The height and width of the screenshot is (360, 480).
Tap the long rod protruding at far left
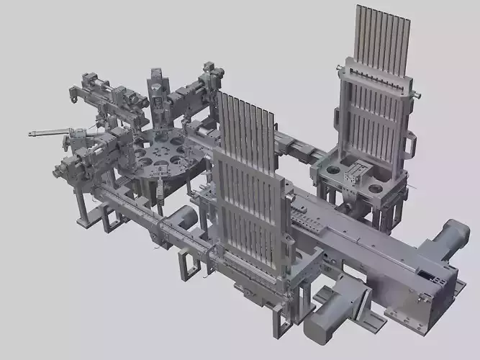pyautogui.click(x=47, y=133)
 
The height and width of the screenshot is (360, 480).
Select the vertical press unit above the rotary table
pyautogui.click(x=157, y=97)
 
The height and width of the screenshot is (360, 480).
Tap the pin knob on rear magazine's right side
pyautogui.click(x=415, y=94)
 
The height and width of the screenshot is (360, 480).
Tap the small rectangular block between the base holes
pyautogui.click(x=355, y=173)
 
